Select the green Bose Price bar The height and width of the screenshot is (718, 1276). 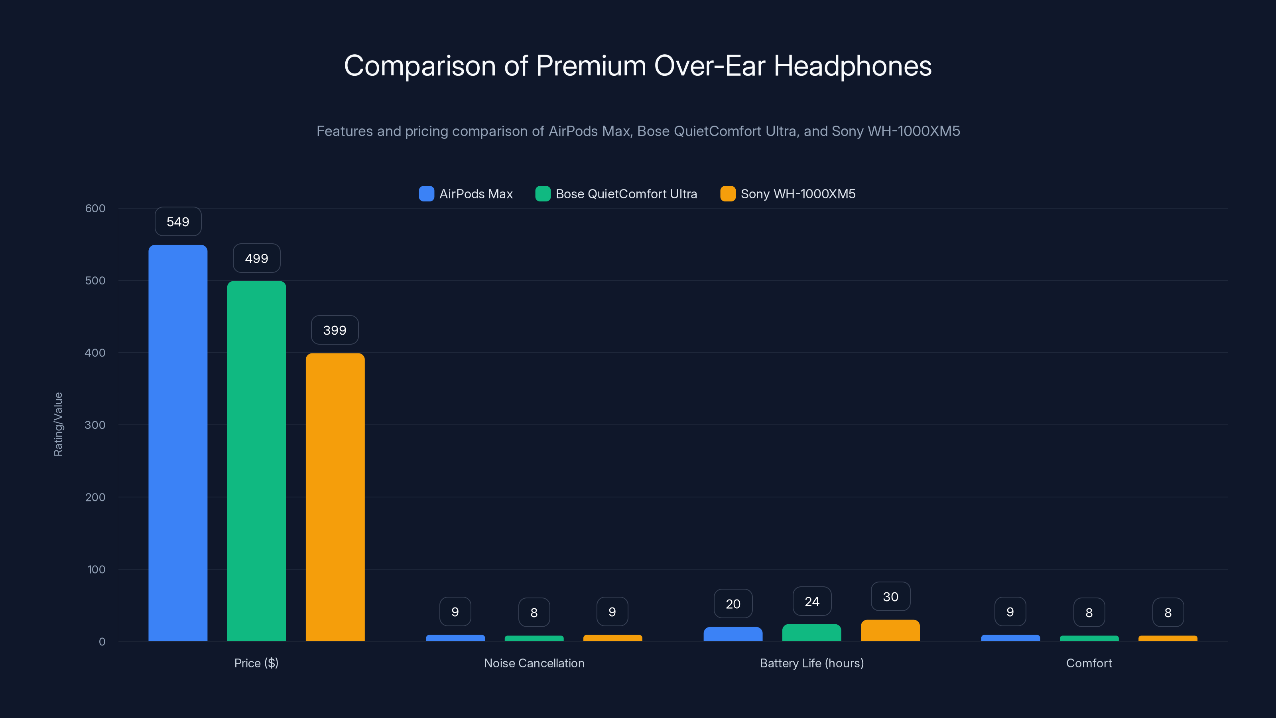point(256,461)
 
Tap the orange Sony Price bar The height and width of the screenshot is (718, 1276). point(335,497)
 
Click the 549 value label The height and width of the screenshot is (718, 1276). point(178,221)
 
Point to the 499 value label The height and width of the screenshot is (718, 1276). point(256,258)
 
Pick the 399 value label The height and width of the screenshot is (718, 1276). point(335,330)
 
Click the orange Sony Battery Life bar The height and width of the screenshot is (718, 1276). point(890,630)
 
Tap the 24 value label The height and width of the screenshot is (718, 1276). point(812,602)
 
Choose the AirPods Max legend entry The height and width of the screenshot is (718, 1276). point(466,194)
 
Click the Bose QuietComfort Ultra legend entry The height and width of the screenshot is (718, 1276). point(616,194)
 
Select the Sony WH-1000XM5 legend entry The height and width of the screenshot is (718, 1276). point(788,194)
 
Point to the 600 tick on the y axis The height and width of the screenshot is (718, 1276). point(95,208)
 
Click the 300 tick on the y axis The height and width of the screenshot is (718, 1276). point(95,425)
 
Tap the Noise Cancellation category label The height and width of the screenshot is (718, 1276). point(534,663)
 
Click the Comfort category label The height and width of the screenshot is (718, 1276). point(1089,663)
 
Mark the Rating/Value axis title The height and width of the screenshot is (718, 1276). point(58,424)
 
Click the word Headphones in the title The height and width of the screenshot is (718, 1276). point(852,66)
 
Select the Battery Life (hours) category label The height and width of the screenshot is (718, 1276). point(812,663)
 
